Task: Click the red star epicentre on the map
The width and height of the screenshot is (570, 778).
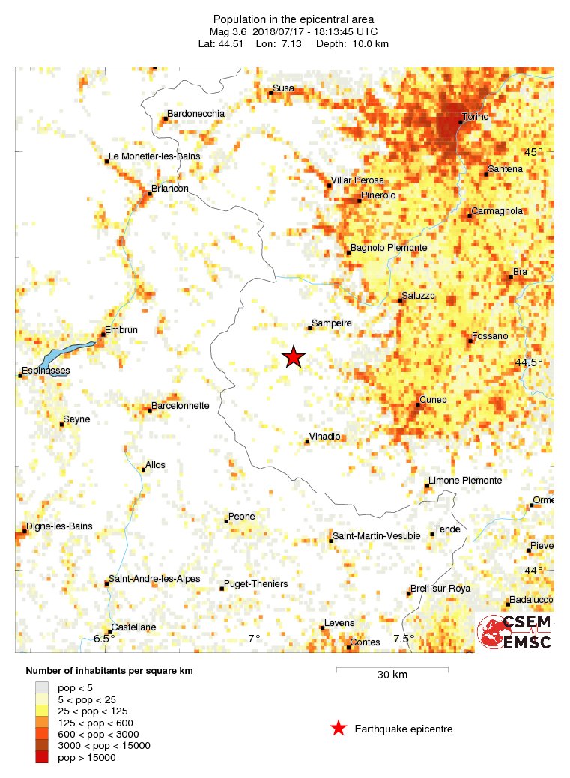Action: (x=294, y=357)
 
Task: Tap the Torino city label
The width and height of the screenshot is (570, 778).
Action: (x=476, y=118)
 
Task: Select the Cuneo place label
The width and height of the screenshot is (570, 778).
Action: (x=433, y=400)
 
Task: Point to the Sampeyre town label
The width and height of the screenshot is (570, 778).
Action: (x=331, y=323)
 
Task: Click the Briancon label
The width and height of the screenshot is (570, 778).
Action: (x=170, y=189)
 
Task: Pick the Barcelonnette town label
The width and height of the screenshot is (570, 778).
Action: (x=181, y=406)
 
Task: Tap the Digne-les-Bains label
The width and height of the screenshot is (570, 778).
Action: (x=59, y=526)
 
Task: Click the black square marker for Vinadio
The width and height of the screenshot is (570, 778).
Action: (x=307, y=442)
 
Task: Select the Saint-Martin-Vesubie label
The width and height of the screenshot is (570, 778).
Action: (x=377, y=536)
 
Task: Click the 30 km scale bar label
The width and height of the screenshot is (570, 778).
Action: (x=392, y=675)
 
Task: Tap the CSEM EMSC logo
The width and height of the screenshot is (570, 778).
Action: (x=515, y=632)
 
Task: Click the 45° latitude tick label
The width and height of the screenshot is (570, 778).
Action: (x=533, y=152)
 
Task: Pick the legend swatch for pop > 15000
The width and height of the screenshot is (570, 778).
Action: (x=42, y=758)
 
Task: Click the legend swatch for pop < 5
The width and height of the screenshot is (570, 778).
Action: (x=42, y=687)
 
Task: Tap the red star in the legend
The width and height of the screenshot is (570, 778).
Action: (x=339, y=728)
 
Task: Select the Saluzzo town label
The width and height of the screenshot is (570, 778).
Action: (x=418, y=296)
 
